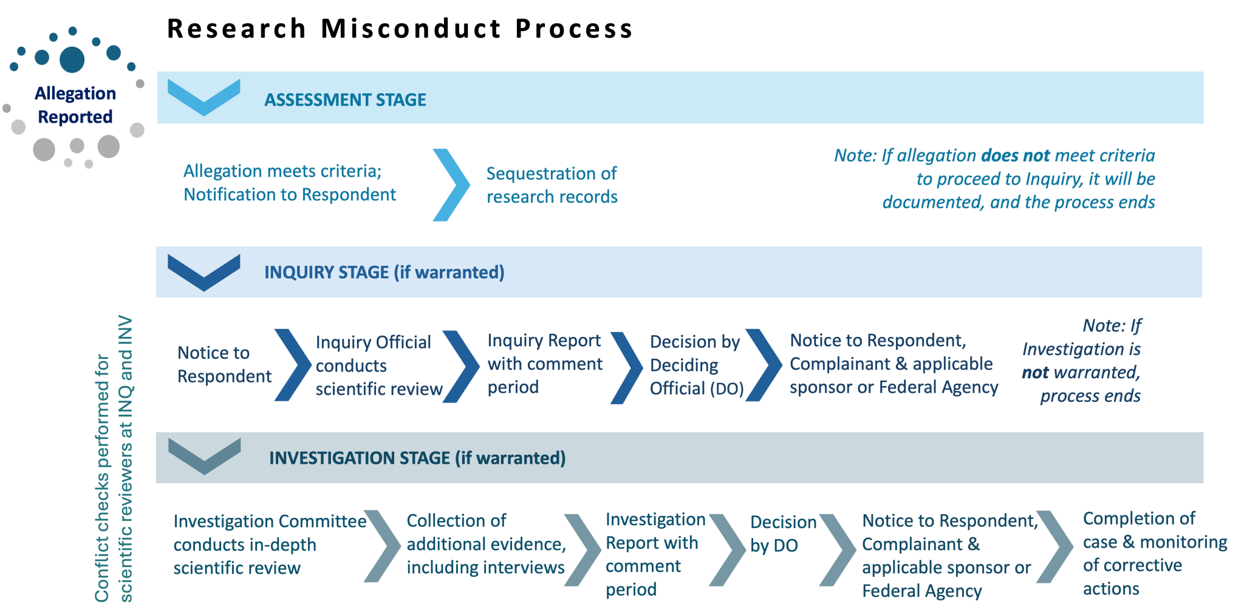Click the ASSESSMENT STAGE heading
click(x=345, y=100)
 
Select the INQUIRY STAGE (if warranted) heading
click(x=384, y=273)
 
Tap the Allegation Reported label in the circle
click(x=75, y=105)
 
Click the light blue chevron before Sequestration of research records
click(x=451, y=185)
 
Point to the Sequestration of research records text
click(x=552, y=185)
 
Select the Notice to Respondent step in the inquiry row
click(x=224, y=364)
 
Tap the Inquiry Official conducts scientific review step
click(x=378, y=365)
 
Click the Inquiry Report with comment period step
click(x=544, y=364)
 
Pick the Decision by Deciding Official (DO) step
click(x=696, y=365)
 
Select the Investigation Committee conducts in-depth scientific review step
click(x=269, y=545)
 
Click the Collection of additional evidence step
click(x=485, y=544)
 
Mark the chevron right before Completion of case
click(x=1056, y=546)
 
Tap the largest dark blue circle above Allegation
click(x=72, y=59)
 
